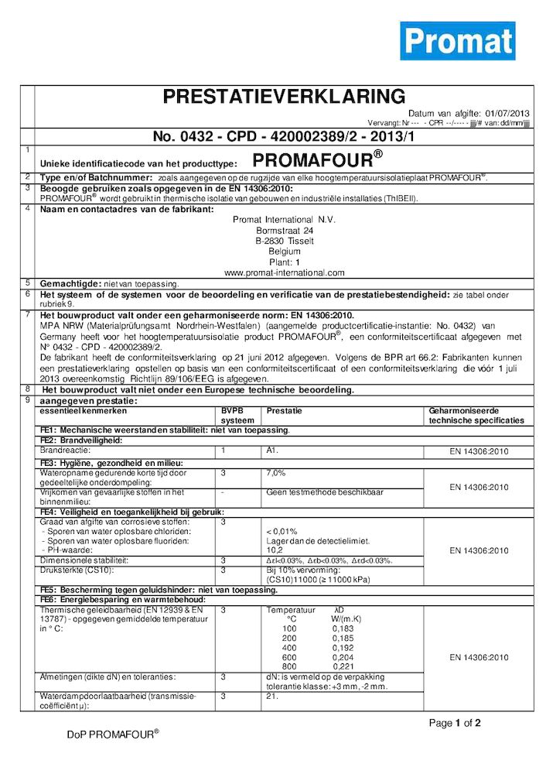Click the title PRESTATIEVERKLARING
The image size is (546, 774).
[284, 97]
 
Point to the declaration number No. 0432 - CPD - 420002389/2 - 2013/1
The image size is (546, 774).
[284, 136]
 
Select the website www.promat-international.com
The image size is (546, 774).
[284, 272]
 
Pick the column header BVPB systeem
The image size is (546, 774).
[237, 415]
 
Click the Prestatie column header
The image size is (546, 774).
[284, 410]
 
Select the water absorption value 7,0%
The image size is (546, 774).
[276, 471]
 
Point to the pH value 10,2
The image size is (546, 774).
[274, 550]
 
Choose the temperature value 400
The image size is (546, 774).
[290, 647]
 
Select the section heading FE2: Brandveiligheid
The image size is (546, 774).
[82, 440]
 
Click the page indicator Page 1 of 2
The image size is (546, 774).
[455, 724]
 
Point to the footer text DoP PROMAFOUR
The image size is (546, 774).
[113, 735]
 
